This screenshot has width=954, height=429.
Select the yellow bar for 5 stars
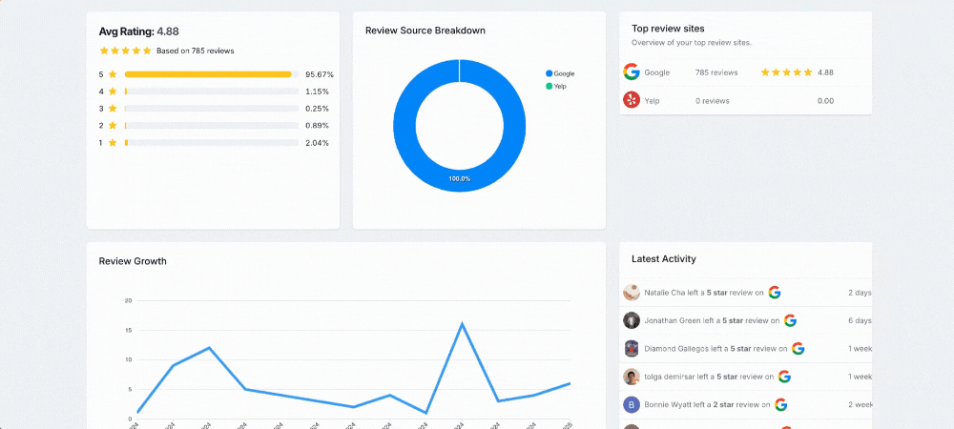(x=208, y=74)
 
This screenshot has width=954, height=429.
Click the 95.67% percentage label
(x=320, y=74)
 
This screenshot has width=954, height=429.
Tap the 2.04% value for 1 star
(x=317, y=143)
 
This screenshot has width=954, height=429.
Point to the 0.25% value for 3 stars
(x=317, y=109)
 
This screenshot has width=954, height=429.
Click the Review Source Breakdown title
(x=425, y=31)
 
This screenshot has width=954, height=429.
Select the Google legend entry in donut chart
(x=561, y=73)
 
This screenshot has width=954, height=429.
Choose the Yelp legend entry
(x=558, y=87)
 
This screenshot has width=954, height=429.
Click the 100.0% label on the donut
(x=460, y=179)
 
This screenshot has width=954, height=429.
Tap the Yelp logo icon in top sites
(x=631, y=100)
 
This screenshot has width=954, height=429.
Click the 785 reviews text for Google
(x=716, y=72)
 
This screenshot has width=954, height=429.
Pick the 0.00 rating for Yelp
(x=825, y=100)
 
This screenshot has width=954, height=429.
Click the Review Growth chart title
(x=133, y=261)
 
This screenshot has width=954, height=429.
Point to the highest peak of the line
(x=463, y=324)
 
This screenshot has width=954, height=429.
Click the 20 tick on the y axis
(x=128, y=300)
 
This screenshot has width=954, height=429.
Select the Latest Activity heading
(x=663, y=258)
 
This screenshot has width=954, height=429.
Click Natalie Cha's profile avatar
(x=631, y=293)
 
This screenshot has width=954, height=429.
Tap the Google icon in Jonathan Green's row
(x=790, y=320)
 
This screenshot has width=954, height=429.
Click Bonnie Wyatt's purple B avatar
(x=631, y=405)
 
